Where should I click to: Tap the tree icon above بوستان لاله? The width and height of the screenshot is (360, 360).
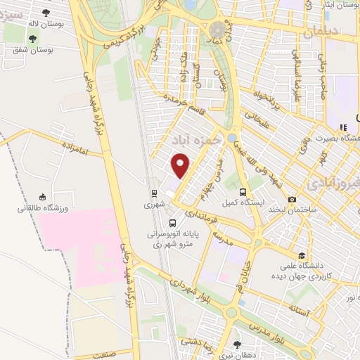click(x=46, y=12)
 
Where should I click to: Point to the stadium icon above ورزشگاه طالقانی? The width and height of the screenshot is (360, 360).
click(x=43, y=196)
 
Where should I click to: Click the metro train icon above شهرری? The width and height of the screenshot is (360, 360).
click(x=153, y=192)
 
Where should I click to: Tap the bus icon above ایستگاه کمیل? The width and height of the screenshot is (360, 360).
click(x=243, y=191)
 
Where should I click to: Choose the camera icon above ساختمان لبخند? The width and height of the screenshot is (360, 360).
click(x=292, y=199)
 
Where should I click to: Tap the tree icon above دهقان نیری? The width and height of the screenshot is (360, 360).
click(x=236, y=345)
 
